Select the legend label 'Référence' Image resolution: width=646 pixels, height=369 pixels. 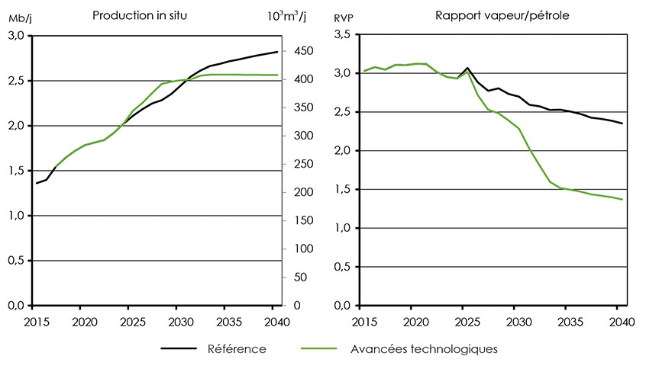(237, 349)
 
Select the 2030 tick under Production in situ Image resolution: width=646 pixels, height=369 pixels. (177, 320)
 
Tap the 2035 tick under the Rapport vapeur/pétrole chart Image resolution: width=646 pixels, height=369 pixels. (567, 320)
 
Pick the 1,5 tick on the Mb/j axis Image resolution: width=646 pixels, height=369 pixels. (17, 171)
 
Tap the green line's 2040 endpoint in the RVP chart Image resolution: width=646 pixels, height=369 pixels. (622, 200)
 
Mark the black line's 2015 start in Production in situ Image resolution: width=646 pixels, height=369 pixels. (36, 183)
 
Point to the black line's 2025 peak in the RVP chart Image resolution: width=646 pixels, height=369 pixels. (467, 68)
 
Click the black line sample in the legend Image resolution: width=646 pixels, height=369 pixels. (179, 349)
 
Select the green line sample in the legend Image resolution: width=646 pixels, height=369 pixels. (318, 349)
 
